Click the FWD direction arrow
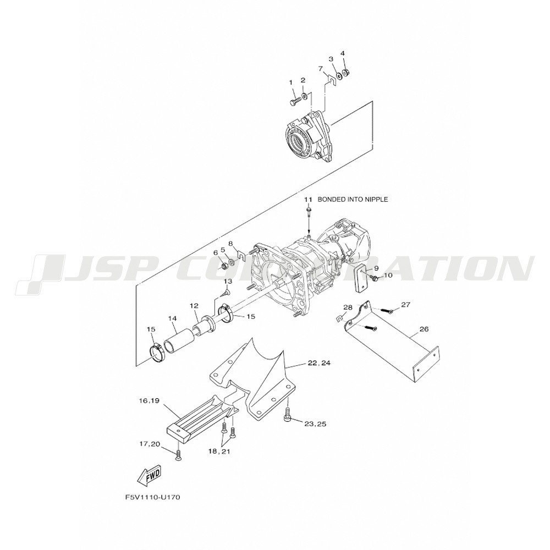(x=148, y=475)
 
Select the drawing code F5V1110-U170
(x=152, y=497)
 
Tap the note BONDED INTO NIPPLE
(x=353, y=199)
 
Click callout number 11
(x=307, y=199)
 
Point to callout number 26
(x=424, y=329)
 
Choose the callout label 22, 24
(x=319, y=363)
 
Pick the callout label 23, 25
(x=315, y=424)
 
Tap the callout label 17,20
(x=150, y=444)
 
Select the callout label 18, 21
(x=218, y=452)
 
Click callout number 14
(x=172, y=318)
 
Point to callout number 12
(x=194, y=306)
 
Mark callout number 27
(x=405, y=305)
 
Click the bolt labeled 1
(x=294, y=101)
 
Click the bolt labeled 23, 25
(x=287, y=414)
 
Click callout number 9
(x=376, y=268)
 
